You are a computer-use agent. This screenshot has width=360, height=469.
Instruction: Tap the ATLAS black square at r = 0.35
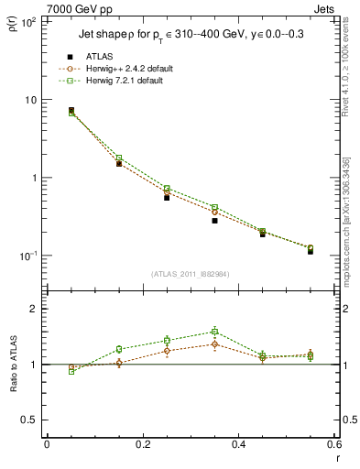coord(214,221)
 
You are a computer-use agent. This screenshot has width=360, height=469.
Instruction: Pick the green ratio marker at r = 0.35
coord(214,332)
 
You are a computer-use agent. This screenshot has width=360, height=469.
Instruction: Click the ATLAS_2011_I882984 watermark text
coord(190,275)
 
